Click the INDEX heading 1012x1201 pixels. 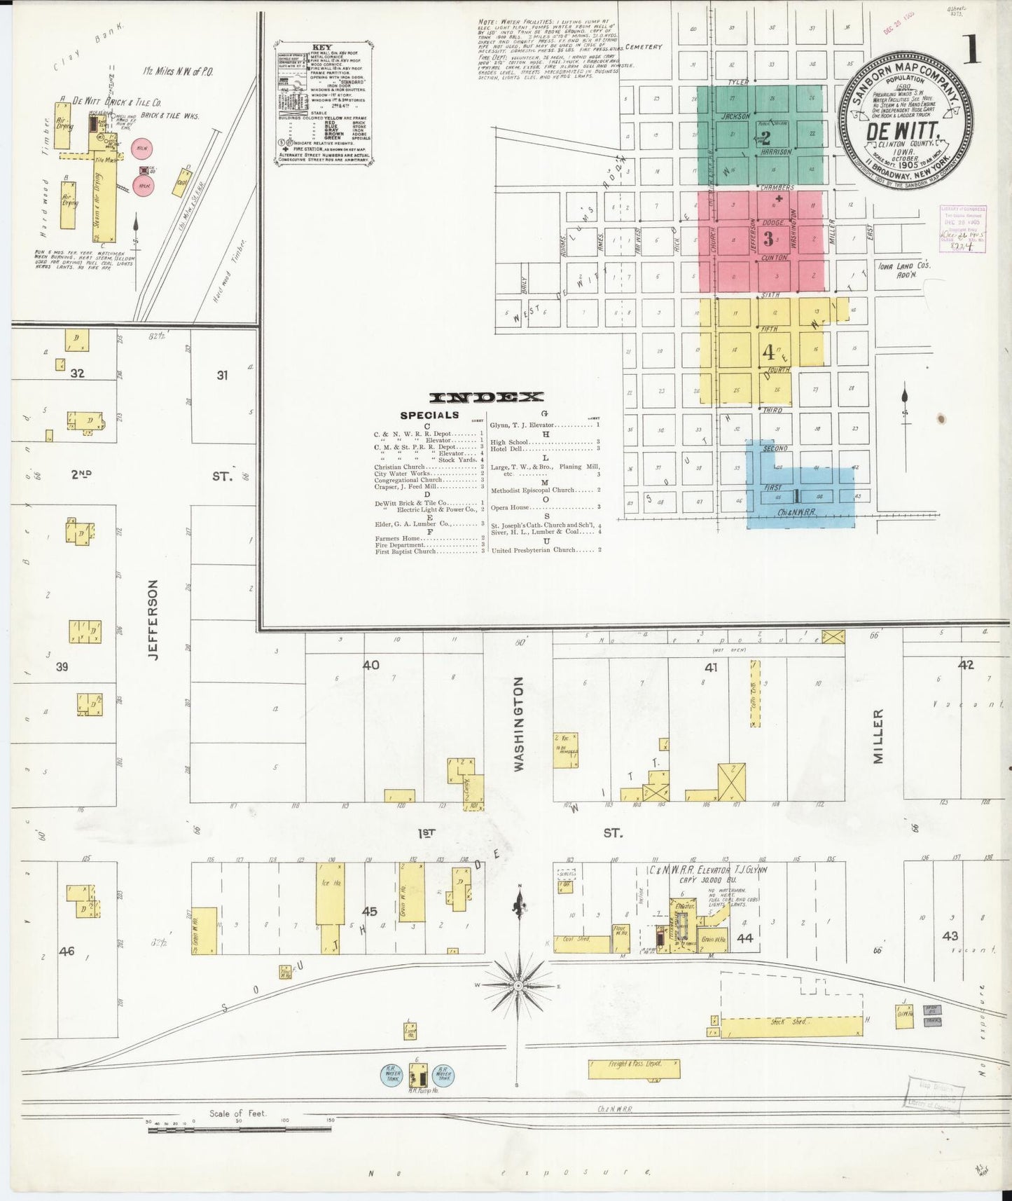(486, 397)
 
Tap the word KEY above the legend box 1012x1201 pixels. (323, 48)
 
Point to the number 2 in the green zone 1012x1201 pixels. (765, 137)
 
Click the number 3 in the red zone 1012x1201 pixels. (768, 239)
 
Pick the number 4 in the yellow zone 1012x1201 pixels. (768, 350)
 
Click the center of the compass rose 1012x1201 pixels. (518, 986)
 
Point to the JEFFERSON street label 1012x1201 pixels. (154, 619)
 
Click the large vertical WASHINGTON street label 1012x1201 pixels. (519, 724)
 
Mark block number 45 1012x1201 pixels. (369, 912)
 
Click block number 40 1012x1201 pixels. (370, 664)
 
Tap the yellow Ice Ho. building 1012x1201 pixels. (328, 893)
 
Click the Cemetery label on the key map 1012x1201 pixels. (643, 47)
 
